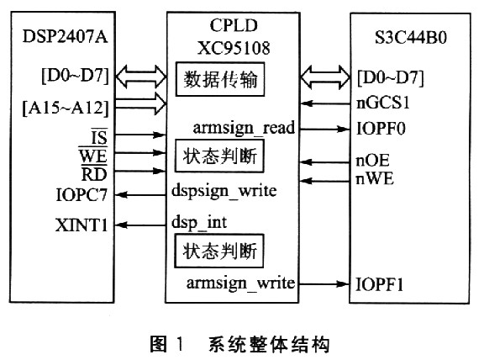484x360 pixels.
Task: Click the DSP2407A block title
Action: (66, 37)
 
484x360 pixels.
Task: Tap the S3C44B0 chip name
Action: (411, 38)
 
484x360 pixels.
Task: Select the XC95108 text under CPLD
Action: (234, 48)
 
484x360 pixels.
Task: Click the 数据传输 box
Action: (220, 79)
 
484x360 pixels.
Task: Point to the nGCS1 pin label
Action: (383, 103)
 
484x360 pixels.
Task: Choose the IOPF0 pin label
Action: (381, 129)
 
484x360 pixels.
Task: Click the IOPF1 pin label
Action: (380, 284)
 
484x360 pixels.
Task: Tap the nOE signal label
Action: (372, 161)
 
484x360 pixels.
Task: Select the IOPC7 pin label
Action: (82, 194)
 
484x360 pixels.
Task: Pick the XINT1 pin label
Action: (82, 225)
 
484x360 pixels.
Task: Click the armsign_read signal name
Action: (244, 128)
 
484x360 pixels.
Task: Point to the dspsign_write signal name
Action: (224, 191)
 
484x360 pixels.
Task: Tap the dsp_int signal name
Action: (199, 223)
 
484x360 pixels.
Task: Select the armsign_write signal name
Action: (241, 283)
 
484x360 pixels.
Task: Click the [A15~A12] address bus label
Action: (66, 109)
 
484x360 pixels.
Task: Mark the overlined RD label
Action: (94, 174)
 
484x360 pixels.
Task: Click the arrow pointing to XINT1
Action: (140, 225)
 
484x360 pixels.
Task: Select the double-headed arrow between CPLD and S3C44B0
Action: (325, 77)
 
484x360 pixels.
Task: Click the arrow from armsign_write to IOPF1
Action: (324, 283)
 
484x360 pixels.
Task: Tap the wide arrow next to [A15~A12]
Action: (141, 103)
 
